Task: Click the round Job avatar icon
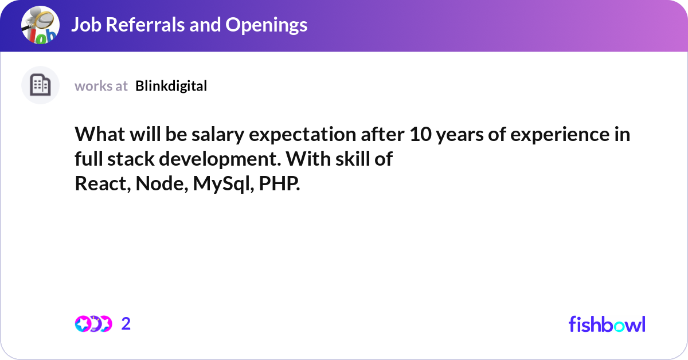tap(40, 25)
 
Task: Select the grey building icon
tap(40, 85)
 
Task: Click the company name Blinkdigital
tap(171, 86)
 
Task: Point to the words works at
tap(101, 87)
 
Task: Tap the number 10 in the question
tap(420, 134)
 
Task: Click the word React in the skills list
tap(103, 183)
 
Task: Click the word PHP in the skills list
tap(279, 183)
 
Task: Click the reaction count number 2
tap(126, 324)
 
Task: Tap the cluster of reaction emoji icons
tap(93, 324)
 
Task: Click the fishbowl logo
tap(607, 324)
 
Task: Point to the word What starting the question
tap(100, 134)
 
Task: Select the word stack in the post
tap(131, 159)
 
